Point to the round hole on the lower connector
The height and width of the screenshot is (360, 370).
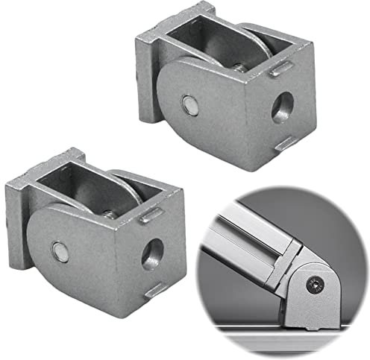point(152,254)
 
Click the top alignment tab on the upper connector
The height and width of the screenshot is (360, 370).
point(281,70)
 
